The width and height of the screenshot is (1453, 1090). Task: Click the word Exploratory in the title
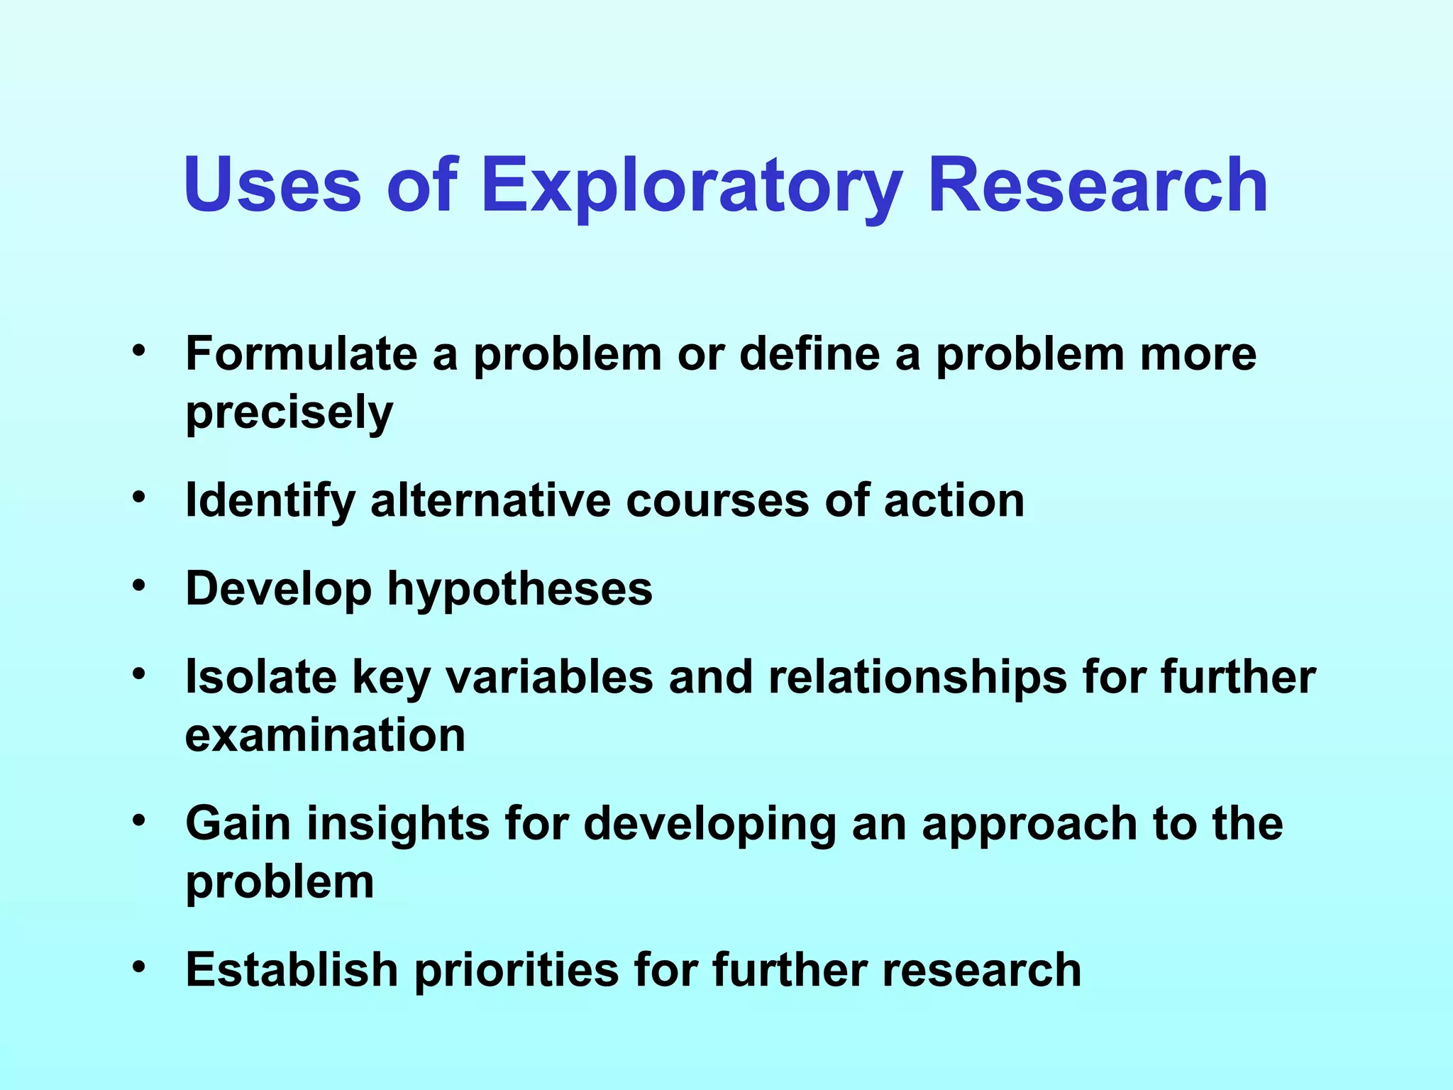[692, 186]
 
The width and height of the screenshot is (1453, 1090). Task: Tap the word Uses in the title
[272, 186]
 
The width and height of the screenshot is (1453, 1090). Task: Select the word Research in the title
[1098, 186]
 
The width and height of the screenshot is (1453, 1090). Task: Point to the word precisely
[289, 413]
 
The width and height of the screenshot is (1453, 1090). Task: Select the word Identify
[270, 501]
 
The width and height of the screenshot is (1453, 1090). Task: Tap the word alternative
[490, 501]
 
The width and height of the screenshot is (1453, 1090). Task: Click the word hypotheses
[519, 589]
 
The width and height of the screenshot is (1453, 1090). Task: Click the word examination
[325, 735]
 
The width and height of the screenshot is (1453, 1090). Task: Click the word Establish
[292, 969]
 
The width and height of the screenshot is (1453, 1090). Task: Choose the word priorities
[516, 971]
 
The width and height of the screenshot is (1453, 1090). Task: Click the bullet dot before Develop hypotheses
[139, 585]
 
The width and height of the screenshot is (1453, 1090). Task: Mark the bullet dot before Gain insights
[139, 820]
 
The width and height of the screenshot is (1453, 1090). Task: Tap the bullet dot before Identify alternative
[139, 497]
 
